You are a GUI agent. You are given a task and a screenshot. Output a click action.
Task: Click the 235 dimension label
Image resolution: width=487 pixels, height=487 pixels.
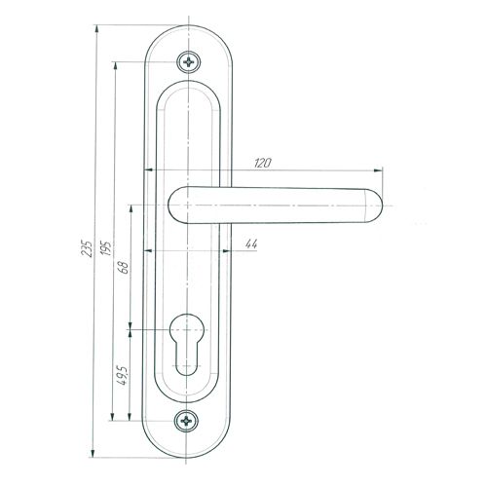coord(88,248)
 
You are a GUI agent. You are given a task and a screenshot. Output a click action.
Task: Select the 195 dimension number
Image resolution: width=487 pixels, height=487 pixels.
coord(107,247)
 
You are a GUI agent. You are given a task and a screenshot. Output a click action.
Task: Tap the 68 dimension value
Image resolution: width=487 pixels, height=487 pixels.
coord(125,267)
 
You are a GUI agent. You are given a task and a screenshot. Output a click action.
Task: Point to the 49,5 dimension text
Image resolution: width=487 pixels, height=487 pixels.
coord(124,375)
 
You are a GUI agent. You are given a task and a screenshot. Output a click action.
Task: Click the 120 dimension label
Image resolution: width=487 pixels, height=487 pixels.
coord(262,163)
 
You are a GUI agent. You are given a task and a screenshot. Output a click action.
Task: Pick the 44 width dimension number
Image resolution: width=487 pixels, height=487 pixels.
coord(251,243)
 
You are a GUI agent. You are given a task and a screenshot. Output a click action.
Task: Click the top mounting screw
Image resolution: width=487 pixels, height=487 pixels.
coord(188,61)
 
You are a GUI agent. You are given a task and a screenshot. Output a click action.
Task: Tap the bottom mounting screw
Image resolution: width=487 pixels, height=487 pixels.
coord(186,421)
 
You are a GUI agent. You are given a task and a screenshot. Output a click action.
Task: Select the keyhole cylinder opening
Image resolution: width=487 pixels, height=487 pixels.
coord(187,344)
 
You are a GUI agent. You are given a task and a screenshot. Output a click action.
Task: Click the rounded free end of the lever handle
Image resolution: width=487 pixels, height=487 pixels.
coord(373,206)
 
